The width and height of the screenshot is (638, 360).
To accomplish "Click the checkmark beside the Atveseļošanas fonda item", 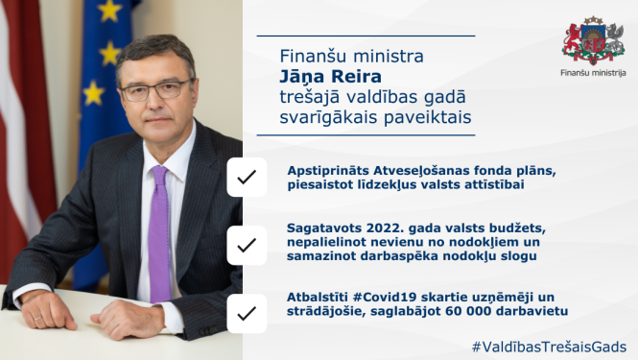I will (x=247, y=177).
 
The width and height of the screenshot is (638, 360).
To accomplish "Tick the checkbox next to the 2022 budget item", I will (x=247, y=245).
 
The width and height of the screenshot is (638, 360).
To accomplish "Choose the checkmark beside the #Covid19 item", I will (x=247, y=313).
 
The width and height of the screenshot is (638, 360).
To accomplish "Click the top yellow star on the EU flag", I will (x=109, y=11).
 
